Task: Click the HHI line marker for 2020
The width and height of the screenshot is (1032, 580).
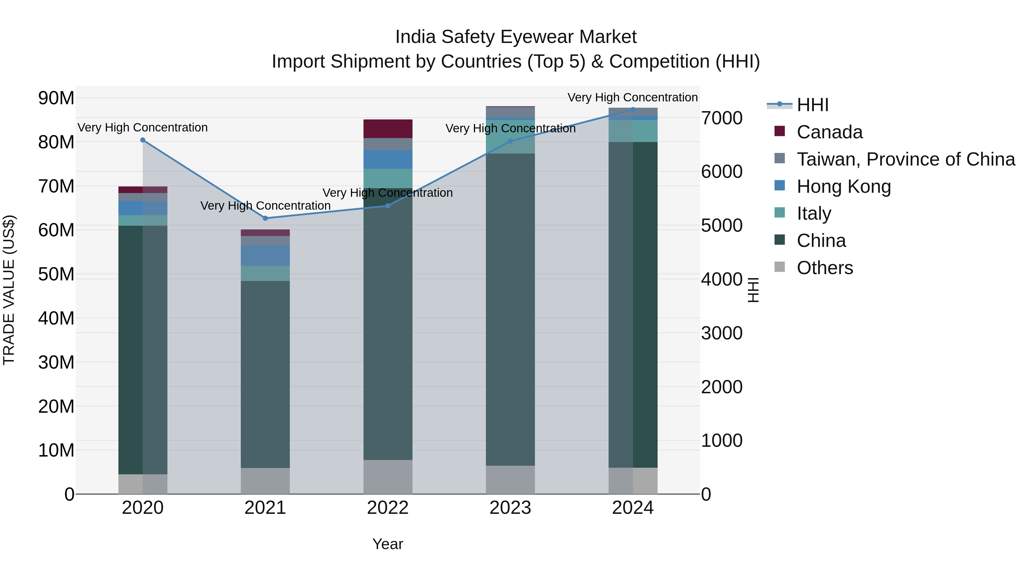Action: pos(143,140)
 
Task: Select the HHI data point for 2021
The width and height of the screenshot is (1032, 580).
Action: pos(265,218)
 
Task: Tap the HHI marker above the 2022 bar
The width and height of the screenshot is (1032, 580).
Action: pos(388,206)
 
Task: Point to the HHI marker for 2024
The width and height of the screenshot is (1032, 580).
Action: pos(633,109)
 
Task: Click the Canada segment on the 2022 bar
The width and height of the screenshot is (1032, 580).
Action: pos(388,129)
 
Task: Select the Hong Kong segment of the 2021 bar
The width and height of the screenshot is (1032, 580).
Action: pos(265,255)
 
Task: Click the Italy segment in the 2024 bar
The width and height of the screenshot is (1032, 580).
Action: pos(633,131)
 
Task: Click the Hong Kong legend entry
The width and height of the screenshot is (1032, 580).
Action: pos(843,186)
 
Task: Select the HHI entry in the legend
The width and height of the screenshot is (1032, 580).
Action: pos(812,105)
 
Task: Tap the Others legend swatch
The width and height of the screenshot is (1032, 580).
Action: pos(780,267)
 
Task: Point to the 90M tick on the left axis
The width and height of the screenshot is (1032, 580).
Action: pos(56,98)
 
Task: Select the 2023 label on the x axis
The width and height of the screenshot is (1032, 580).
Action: pos(510,508)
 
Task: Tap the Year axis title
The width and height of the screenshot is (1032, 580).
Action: pos(388,544)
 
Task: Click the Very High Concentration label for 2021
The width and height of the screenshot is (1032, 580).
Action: pos(265,206)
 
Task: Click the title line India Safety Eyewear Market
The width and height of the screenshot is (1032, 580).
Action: pos(516,37)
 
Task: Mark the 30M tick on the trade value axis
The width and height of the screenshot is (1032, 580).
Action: pos(56,362)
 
